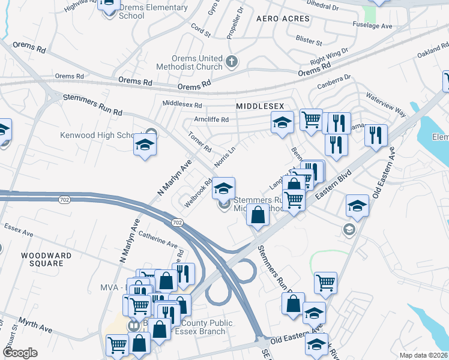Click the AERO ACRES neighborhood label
[283, 19]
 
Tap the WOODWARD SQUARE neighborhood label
[42, 259]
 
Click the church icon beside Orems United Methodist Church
[232, 61]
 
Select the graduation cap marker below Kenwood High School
[145, 146]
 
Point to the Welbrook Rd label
[198, 193]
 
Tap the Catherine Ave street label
[158, 241]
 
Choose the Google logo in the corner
[20, 353]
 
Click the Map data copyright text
[423, 355]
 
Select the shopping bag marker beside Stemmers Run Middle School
[258, 215]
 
